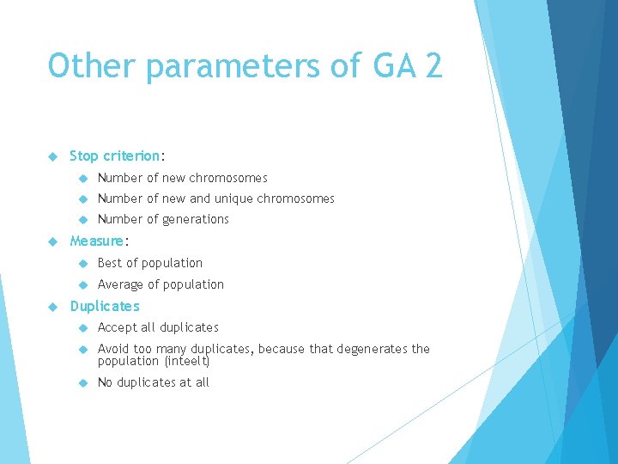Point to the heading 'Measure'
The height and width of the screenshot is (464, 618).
point(97,241)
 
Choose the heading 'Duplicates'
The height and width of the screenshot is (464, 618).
point(104,307)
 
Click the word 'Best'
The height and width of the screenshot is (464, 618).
point(110,263)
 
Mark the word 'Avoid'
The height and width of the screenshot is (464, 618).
point(114,349)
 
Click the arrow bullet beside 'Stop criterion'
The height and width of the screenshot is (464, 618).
point(52,156)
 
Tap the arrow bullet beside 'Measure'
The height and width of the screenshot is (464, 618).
point(52,241)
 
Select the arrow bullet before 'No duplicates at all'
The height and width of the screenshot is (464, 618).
point(82,382)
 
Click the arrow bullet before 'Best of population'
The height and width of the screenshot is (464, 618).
point(82,263)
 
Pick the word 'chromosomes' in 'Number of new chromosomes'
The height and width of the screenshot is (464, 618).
point(230,178)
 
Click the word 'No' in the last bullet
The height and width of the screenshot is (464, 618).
point(106,382)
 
